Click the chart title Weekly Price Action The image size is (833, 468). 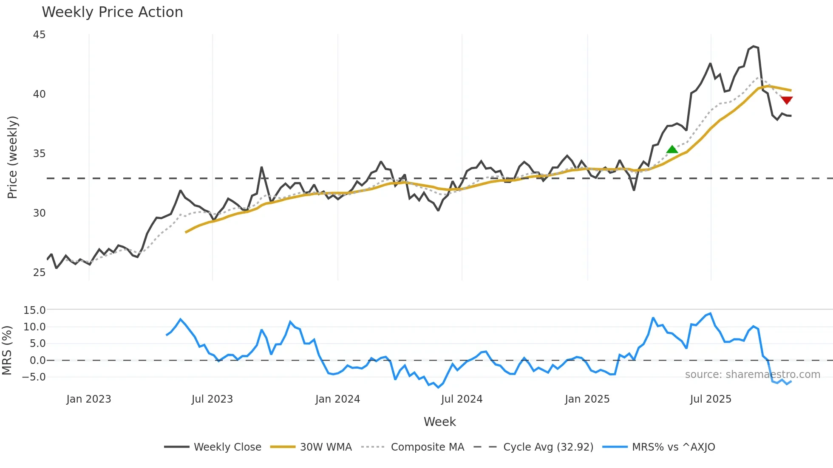pyautogui.click(x=112, y=12)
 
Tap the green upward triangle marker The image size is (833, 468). pyautogui.click(x=672, y=149)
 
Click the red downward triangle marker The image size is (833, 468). pyautogui.click(x=787, y=100)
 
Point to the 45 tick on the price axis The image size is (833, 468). pyautogui.click(x=39, y=35)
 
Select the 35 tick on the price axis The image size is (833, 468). pyautogui.click(x=39, y=154)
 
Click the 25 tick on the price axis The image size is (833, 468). pyautogui.click(x=39, y=273)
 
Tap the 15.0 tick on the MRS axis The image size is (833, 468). pyautogui.click(x=34, y=310)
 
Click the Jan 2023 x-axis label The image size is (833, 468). pyautogui.click(x=89, y=399)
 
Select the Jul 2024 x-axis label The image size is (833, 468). pyautogui.click(x=462, y=399)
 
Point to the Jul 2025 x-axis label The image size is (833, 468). pyautogui.click(x=711, y=399)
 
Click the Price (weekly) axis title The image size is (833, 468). pyautogui.click(x=12, y=157)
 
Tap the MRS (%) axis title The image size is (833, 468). pyautogui.click(x=7, y=350)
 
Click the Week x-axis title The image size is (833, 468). pyautogui.click(x=439, y=422)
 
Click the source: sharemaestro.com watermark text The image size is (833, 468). pyautogui.click(x=752, y=375)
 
